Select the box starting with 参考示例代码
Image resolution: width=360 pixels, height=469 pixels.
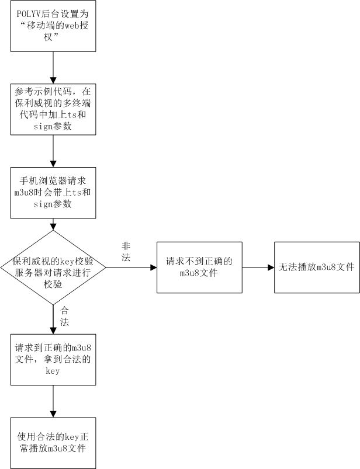pos(53,110)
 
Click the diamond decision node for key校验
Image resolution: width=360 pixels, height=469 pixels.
pos(53,267)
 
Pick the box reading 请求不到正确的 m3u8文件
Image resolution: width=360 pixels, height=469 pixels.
pos(199,267)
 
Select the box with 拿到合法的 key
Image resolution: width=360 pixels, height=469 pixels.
pos(53,359)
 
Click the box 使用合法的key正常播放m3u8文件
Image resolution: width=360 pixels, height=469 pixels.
pos(53,443)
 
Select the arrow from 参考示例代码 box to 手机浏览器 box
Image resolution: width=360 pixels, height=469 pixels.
pos(53,151)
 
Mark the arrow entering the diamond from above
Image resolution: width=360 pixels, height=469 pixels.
pos(53,224)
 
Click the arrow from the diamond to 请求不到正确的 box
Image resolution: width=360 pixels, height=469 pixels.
pos(131,267)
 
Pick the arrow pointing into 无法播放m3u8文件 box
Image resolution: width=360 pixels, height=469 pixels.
pos(259,267)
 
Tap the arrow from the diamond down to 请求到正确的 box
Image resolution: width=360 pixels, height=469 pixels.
pos(53,318)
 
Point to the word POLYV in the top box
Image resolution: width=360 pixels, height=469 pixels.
pos(30,15)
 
